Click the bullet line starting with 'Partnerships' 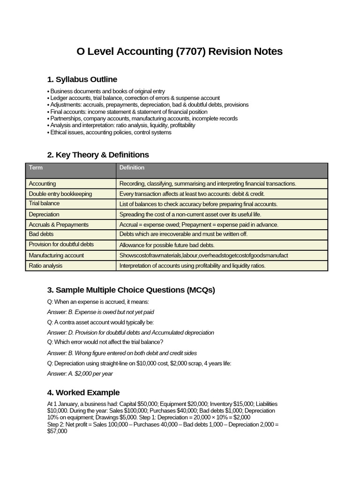[x=142, y=119]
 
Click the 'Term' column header [x=36, y=168]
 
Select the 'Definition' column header [x=132, y=168]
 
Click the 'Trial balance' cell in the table [x=44, y=203]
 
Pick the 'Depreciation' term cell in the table [x=44, y=214]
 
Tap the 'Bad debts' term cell [x=41, y=234]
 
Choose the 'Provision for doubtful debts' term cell [x=61, y=244]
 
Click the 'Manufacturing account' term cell [x=56, y=255]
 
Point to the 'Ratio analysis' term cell [x=45, y=266]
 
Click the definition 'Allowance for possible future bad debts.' [x=167, y=245]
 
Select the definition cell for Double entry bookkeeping [x=192, y=194]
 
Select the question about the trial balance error [x=105, y=342]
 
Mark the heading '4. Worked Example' [x=83, y=392]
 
